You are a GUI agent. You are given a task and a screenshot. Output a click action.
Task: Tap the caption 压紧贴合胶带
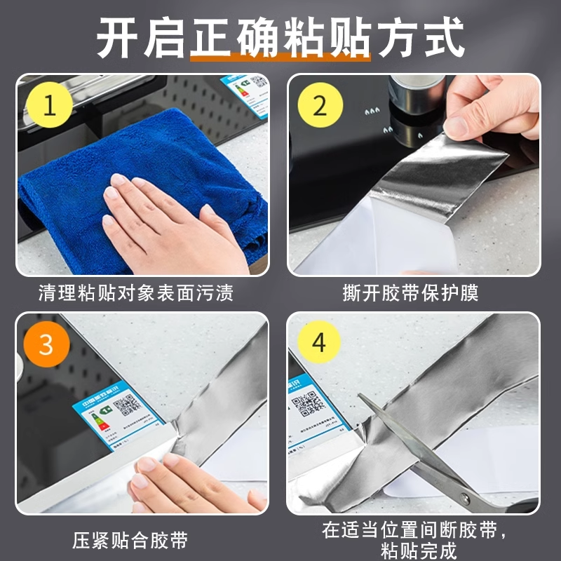[x=130, y=541]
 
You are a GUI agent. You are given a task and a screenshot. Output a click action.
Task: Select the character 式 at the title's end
[x=443, y=36]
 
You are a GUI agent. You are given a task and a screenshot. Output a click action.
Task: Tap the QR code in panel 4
[x=307, y=405]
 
